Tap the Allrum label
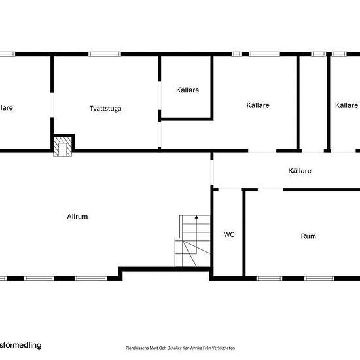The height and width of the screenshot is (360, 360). pyautogui.click(x=77, y=217)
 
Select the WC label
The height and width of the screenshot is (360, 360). pyautogui.click(x=228, y=234)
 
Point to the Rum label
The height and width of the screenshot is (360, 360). pyautogui.click(x=308, y=236)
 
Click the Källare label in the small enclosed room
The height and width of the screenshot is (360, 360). pyautogui.click(x=187, y=90)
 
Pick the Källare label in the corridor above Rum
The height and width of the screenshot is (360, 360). pyautogui.click(x=300, y=171)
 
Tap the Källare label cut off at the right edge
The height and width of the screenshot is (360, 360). pyautogui.click(x=346, y=105)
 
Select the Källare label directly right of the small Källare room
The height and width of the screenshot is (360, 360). pyautogui.click(x=258, y=105)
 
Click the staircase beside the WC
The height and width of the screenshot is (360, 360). pyautogui.click(x=192, y=240)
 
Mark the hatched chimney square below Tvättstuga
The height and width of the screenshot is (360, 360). pyautogui.click(x=63, y=147)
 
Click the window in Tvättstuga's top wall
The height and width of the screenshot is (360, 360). pyautogui.click(x=103, y=54)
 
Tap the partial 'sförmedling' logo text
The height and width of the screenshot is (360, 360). pyautogui.click(x=21, y=344)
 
